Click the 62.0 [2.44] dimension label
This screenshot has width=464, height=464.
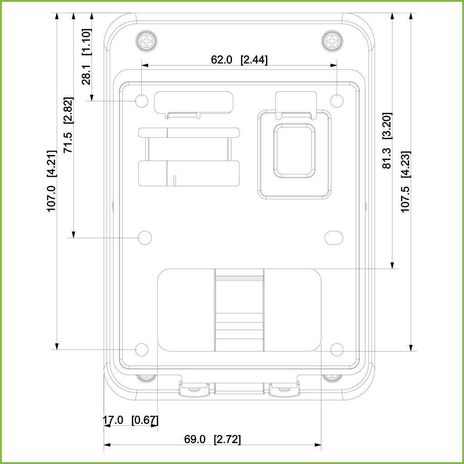click(x=239, y=60)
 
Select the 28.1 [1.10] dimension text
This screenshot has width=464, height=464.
click(x=87, y=57)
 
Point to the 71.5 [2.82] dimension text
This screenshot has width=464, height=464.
click(x=68, y=125)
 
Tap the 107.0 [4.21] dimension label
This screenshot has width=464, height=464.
click(x=52, y=181)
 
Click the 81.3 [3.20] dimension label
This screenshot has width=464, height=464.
click(x=387, y=140)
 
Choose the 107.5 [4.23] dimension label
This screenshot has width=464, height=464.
click(x=406, y=181)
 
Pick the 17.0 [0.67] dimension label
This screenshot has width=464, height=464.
click(x=130, y=420)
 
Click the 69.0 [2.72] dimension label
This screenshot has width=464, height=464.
click(x=213, y=439)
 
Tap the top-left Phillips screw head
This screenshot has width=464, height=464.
click(x=146, y=40)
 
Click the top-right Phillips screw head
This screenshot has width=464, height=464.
click(x=332, y=40)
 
